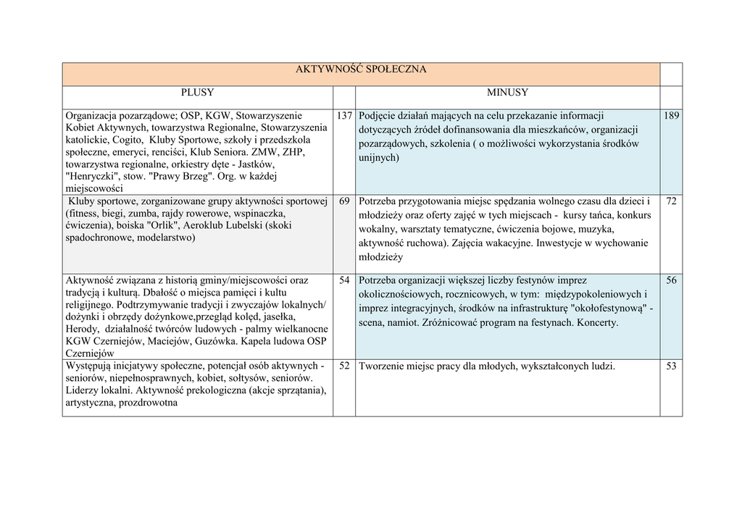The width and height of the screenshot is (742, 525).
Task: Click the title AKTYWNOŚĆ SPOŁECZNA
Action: (361, 70)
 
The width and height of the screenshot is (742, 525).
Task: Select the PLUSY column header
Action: (197, 93)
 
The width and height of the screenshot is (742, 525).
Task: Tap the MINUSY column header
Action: (507, 93)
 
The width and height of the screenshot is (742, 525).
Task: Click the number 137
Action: (344, 116)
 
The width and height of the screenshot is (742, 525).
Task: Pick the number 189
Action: (671, 116)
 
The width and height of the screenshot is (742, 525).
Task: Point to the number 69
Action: (344, 201)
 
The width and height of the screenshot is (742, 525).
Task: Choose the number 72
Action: (671, 201)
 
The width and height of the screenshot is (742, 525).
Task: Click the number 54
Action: (344, 280)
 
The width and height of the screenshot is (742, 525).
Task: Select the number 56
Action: (671, 280)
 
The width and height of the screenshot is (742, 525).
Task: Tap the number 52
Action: (344, 366)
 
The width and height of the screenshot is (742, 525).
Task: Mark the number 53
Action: (671, 366)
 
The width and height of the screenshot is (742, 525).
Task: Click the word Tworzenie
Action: (381, 366)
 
